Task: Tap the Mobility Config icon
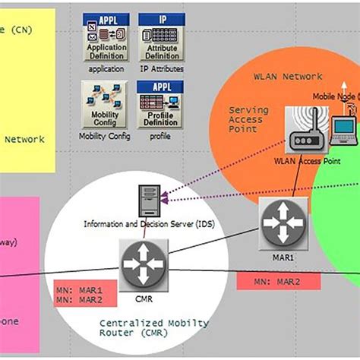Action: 105,104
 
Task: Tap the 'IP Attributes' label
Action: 161,69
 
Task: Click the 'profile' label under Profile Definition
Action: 160,137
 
